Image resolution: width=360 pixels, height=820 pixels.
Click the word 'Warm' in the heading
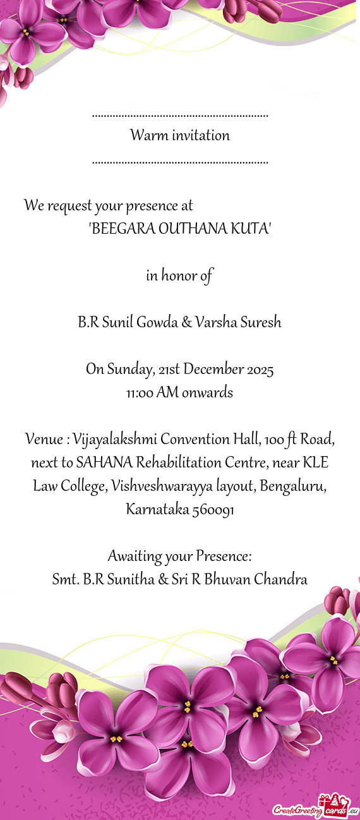coord(145,135)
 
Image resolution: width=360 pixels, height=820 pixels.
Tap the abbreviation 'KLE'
coord(315,462)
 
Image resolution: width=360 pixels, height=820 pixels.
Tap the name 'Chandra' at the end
coord(280,579)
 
